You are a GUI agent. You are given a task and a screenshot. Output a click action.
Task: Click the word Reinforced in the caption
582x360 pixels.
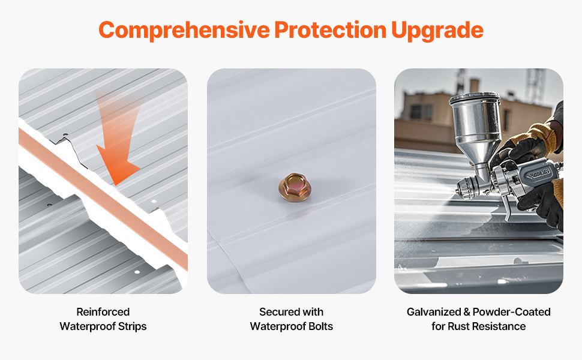click(103, 312)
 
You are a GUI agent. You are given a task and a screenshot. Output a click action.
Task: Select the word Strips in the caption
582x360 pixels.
click(133, 327)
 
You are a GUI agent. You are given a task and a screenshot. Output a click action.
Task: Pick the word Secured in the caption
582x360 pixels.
click(280, 312)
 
